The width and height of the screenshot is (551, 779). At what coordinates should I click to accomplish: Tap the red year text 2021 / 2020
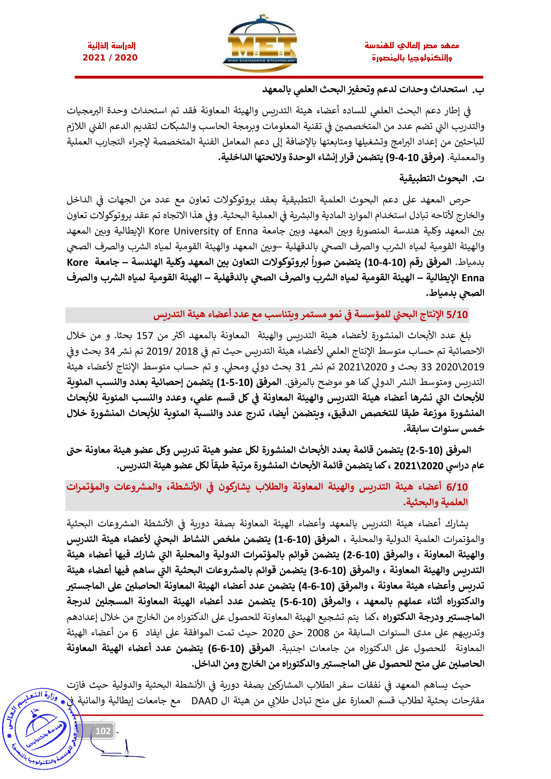click(110, 58)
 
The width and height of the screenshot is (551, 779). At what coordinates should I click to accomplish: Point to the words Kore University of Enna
click(204, 231)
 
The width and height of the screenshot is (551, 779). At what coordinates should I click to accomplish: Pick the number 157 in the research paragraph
click(145, 336)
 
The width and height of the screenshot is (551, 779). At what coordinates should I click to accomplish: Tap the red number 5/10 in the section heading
click(457, 315)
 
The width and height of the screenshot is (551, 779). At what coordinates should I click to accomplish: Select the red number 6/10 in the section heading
click(457, 487)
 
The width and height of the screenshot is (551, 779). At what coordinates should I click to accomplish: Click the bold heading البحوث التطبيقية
click(433, 179)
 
